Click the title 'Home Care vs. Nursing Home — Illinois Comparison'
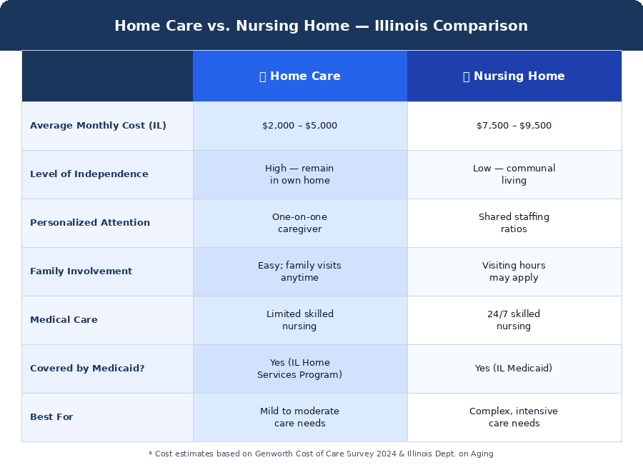point(321,26)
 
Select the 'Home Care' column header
point(299,76)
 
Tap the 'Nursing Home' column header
point(514,76)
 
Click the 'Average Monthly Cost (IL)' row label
point(98,126)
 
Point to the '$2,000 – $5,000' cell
point(299,126)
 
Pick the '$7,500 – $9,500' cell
point(514,126)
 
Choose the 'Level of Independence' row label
point(89,174)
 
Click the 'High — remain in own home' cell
point(299,174)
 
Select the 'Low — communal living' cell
point(514,174)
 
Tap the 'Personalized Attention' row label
point(90,223)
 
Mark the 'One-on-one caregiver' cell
point(299,223)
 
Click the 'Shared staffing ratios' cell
point(514,223)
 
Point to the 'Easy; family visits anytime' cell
point(299,271)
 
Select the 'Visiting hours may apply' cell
point(514,271)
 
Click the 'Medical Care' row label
point(64,320)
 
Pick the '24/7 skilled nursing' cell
point(514,320)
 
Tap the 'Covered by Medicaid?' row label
point(87,369)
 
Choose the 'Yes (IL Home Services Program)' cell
point(299,369)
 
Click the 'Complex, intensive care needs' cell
point(514,417)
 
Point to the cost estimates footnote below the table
point(321,454)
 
